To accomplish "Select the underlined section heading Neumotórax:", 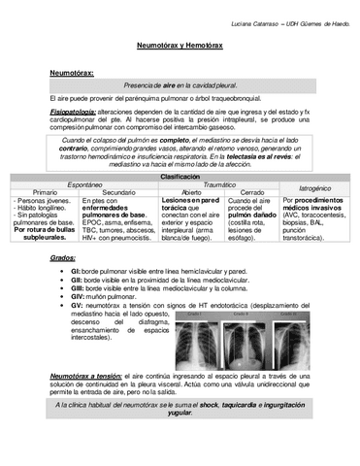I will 71,73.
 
